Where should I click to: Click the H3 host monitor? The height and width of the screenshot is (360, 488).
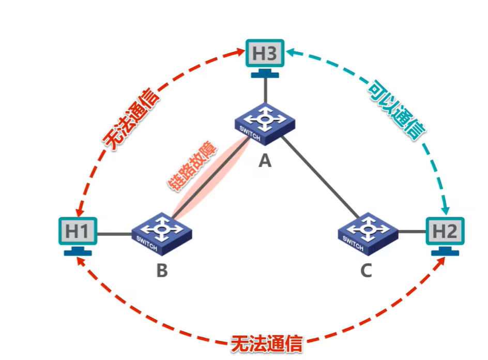coord(265,54)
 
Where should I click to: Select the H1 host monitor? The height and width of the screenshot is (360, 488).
coord(78,232)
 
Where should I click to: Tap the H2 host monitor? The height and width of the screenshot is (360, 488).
coord(445,232)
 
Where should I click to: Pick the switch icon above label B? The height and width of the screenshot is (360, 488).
coord(161,234)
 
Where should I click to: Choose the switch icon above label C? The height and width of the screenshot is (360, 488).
coord(368,234)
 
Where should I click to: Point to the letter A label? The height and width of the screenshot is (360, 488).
coord(265,162)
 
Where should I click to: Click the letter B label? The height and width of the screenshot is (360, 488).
coord(162,270)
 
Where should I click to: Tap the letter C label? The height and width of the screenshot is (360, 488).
coord(366,270)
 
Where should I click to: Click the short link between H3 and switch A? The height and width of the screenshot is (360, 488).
coord(265,89)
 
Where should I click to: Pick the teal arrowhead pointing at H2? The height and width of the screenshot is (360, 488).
coord(445,209)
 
